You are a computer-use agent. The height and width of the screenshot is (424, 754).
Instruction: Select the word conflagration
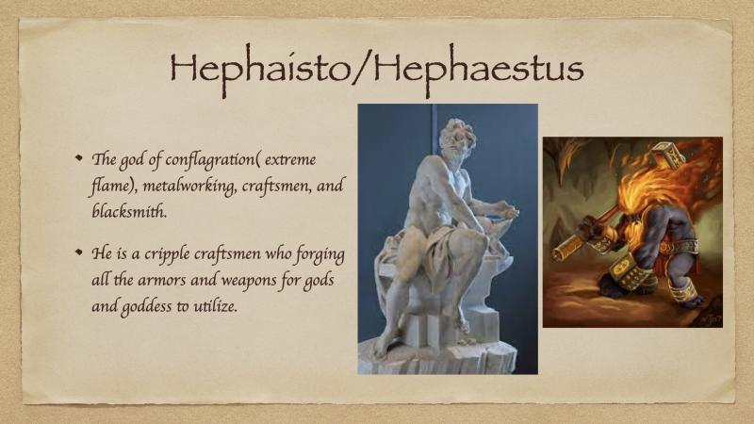tap(209, 160)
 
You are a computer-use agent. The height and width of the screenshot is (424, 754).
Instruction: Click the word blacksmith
tap(129, 211)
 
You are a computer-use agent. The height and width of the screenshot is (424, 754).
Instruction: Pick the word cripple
tap(168, 254)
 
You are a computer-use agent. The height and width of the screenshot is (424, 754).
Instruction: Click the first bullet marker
tap(79, 157)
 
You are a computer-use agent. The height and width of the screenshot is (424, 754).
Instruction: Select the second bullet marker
tap(79, 252)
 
